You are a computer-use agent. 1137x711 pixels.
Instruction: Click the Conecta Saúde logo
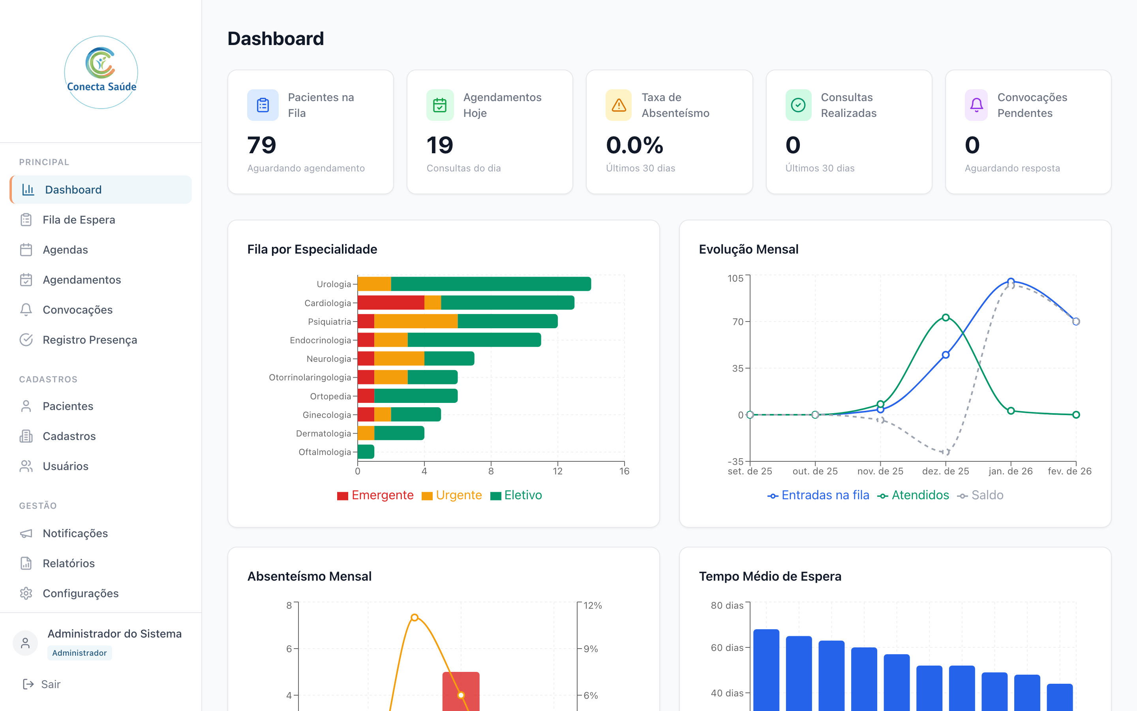101,72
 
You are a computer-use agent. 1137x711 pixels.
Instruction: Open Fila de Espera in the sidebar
79,220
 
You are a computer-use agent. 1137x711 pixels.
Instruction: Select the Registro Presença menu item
89,340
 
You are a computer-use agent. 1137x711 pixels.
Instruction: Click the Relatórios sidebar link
69,563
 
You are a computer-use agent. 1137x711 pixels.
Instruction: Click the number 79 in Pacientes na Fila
262,145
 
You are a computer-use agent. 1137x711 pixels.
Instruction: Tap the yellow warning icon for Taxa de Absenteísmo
619,105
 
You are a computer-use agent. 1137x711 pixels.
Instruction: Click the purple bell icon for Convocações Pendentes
976,105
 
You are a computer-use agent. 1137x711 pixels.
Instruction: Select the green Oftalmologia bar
366,452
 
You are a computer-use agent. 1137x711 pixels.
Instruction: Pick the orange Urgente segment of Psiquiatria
416,322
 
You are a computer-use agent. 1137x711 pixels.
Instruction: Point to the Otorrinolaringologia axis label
310,377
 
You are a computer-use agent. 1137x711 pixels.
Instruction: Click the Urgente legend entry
452,495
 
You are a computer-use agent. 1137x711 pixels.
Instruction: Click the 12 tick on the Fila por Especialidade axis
558,471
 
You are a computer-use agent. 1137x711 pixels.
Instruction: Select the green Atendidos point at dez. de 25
945,318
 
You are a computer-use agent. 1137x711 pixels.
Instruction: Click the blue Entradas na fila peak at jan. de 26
1011,282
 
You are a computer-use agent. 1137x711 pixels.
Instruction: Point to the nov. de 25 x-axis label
880,471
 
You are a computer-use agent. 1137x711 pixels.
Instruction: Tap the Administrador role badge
79,653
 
